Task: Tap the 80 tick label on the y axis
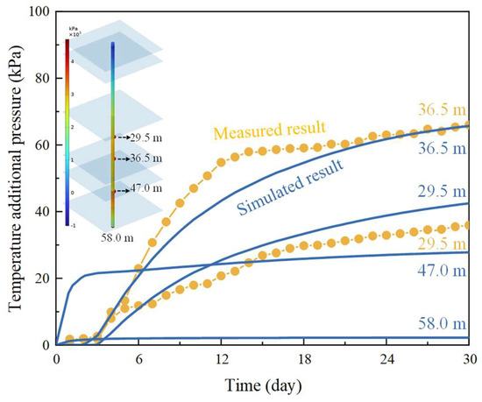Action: [40, 78]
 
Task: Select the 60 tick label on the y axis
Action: [40, 145]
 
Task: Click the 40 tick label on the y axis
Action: [40, 211]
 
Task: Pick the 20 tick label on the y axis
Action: [40, 278]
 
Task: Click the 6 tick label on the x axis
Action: [139, 359]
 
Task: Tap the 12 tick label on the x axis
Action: [222, 359]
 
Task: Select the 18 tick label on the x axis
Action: [304, 359]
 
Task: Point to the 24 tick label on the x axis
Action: [386, 359]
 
